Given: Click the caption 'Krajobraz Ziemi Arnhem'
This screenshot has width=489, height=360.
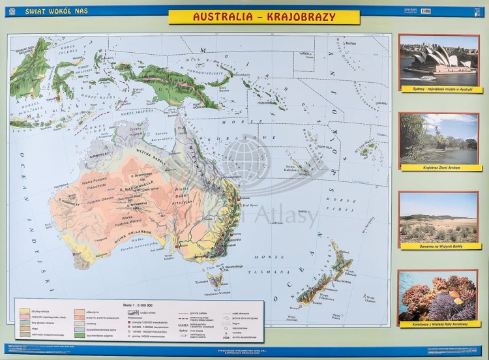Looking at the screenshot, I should click(438, 168).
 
